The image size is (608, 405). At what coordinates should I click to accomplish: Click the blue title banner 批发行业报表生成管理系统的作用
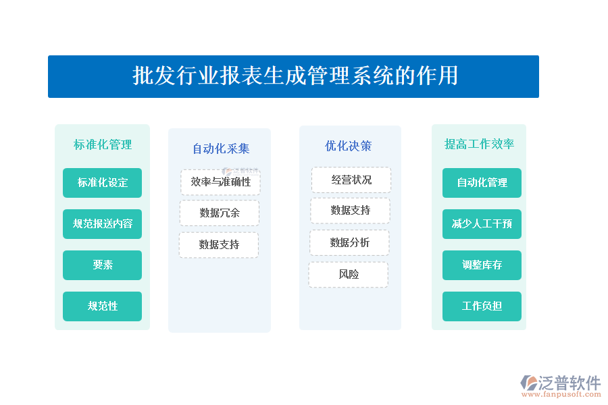293,76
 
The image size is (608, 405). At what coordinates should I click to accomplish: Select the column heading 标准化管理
103,144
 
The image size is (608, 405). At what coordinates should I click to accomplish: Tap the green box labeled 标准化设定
103,182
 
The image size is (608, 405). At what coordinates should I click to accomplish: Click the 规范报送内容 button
103,224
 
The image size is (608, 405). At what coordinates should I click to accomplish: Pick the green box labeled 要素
103,265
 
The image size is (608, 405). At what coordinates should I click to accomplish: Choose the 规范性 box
103,306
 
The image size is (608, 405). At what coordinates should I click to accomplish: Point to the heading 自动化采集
221,148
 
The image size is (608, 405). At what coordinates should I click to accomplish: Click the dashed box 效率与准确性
221,182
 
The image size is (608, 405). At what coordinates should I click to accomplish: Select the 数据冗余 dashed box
220,213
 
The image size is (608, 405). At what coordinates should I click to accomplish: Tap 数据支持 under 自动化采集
219,244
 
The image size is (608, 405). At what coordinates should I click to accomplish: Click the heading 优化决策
348,146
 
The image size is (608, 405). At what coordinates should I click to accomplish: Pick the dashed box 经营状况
351,180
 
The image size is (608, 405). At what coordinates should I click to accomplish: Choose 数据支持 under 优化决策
351,211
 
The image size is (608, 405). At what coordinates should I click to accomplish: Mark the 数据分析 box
350,242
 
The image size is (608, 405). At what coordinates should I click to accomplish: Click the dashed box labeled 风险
349,275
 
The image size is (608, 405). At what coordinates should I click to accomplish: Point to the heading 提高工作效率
479,144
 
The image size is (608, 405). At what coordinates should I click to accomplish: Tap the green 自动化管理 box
482,182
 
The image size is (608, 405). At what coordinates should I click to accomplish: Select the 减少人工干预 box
482,224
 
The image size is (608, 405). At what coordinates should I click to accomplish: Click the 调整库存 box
482,265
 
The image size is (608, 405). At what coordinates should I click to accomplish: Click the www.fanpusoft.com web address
561,394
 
